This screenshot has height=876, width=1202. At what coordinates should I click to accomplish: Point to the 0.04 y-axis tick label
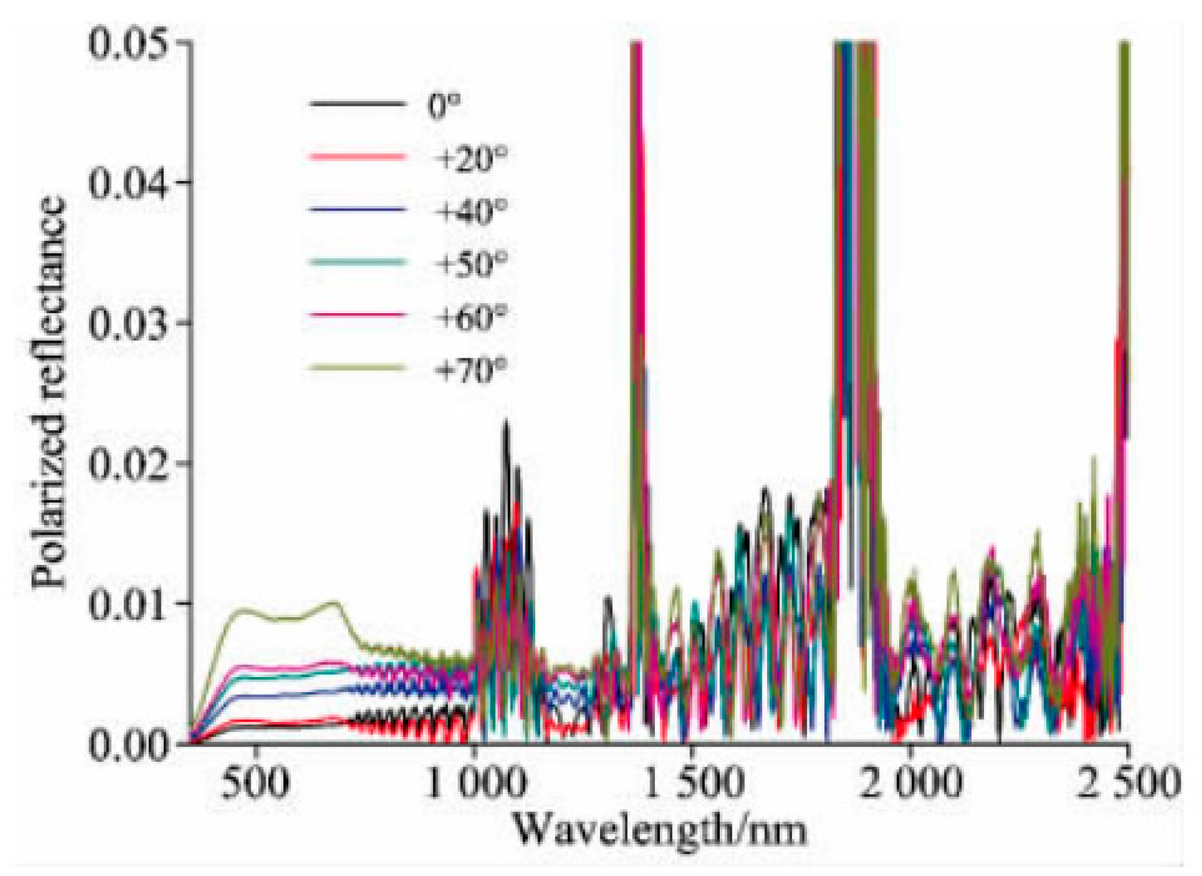[129, 184]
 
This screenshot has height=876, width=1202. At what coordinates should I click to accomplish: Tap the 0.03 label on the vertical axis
[129, 324]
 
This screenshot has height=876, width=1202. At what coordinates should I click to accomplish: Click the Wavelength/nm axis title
[659, 830]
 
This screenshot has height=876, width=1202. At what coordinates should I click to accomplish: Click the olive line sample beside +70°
[357, 367]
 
